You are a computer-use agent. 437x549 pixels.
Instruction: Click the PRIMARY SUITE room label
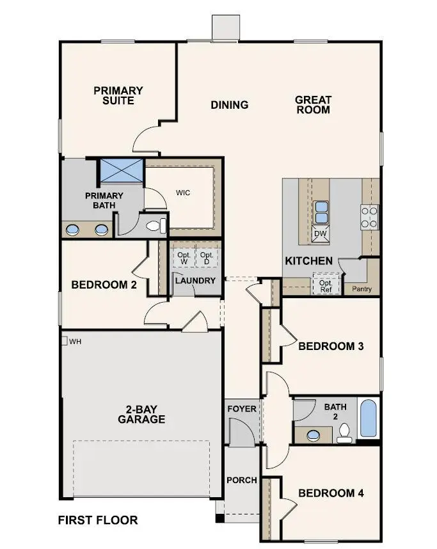tap(118, 95)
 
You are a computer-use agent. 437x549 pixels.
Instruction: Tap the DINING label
tap(229, 105)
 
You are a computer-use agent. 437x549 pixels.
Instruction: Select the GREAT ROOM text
tap(313, 104)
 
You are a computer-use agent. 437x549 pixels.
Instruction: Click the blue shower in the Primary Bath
tap(122, 171)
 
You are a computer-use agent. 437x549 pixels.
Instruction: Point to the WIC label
tap(184, 192)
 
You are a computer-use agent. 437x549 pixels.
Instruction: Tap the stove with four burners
tap(369, 217)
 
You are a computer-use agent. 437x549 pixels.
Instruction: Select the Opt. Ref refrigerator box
tap(326, 285)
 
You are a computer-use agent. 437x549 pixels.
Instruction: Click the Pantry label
tap(362, 289)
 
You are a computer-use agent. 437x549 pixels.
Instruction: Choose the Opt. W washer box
tap(184, 258)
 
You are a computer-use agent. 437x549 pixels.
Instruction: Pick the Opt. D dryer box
tap(206, 258)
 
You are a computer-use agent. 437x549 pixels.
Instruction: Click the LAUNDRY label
tap(195, 280)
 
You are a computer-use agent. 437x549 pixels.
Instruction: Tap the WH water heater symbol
tap(65, 341)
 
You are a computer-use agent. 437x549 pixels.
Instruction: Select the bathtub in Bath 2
tap(369, 418)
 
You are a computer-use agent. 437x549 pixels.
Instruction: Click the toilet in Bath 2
tap(345, 434)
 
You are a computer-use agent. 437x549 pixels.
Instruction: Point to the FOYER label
tap(241, 409)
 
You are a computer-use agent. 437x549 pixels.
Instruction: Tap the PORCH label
tap(241, 480)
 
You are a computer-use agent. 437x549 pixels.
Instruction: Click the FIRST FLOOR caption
tap(98, 520)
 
